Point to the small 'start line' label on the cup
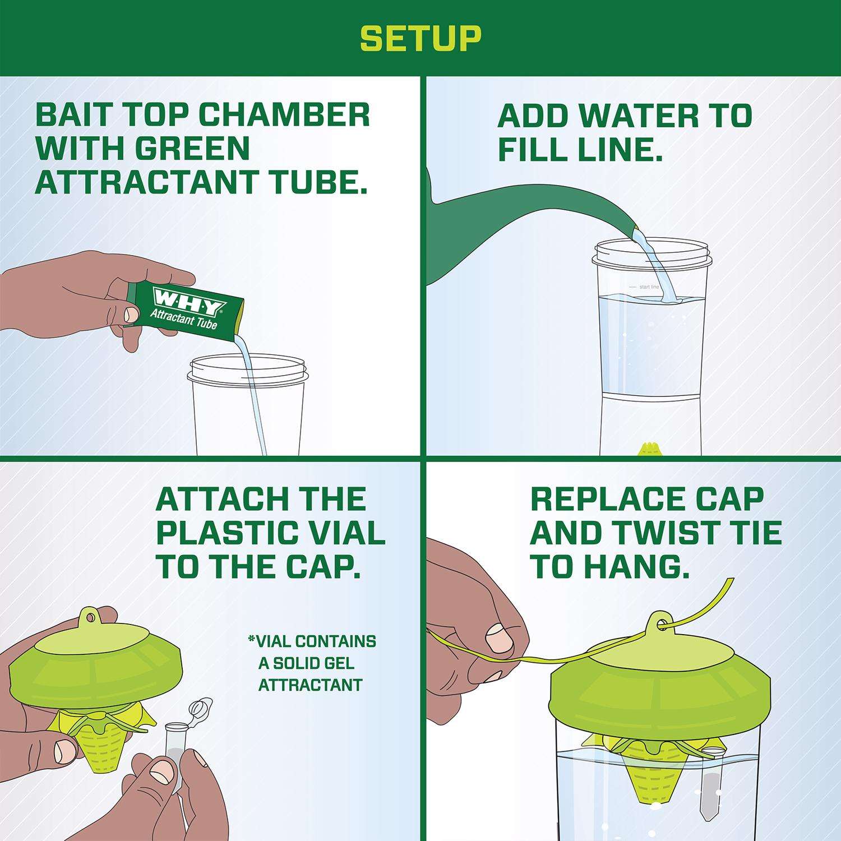pyautogui.click(x=649, y=287)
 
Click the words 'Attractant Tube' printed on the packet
pyautogui.click(x=183, y=320)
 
